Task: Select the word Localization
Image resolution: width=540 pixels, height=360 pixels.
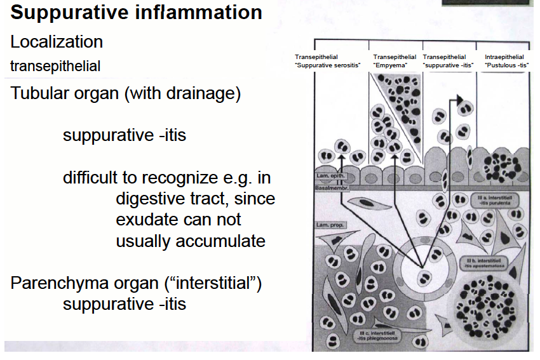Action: pyautogui.click(x=57, y=43)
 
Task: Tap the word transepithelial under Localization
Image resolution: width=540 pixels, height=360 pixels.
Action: pyautogui.click(x=55, y=66)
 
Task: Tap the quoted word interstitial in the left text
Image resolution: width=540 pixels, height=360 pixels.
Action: pyautogui.click(x=215, y=283)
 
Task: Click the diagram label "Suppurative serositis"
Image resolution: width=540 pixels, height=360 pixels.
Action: pyautogui.click(x=328, y=65)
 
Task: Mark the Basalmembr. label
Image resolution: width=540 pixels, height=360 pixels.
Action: pyautogui.click(x=331, y=189)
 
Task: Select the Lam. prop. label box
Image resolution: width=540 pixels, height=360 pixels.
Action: pyautogui.click(x=329, y=225)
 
